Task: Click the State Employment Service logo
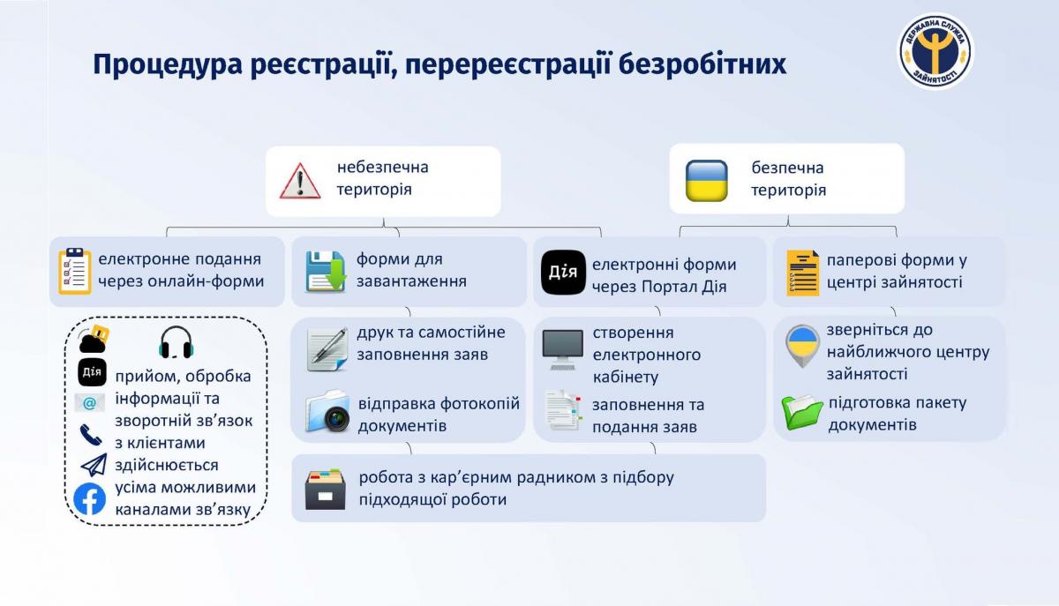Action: coord(935,51)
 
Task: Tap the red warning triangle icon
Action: coord(300,181)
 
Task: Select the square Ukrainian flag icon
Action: coord(706,181)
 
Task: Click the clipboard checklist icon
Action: coord(75,271)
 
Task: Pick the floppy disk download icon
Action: coord(326,272)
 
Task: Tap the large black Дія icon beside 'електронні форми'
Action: coord(563,273)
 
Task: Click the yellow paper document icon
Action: coord(802,273)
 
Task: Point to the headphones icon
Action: coord(176,341)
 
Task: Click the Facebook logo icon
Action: coord(89,498)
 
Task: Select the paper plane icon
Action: coord(94,465)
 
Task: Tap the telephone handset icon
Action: coord(91,434)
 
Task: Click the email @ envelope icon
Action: coord(90,403)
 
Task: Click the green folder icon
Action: coord(802,412)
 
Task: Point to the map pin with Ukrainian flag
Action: coord(802,346)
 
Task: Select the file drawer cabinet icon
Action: coord(326,490)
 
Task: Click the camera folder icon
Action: coord(327,411)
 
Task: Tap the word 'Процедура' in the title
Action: coord(168,64)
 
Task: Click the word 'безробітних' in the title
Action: coord(702,64)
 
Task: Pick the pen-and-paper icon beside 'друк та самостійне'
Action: coord(327,350)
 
